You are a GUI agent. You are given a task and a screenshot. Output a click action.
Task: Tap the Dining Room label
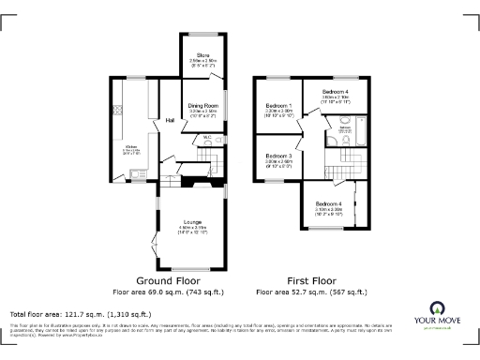point(203,106)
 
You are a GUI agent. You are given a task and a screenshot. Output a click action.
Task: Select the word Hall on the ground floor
point(171,120)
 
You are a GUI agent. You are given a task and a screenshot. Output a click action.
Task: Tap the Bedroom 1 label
point(277,106)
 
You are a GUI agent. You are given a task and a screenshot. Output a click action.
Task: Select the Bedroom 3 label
point(277,156)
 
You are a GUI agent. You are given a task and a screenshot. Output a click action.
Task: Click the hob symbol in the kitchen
point(117,111)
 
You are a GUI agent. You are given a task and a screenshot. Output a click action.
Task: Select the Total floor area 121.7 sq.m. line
point(81,314)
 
